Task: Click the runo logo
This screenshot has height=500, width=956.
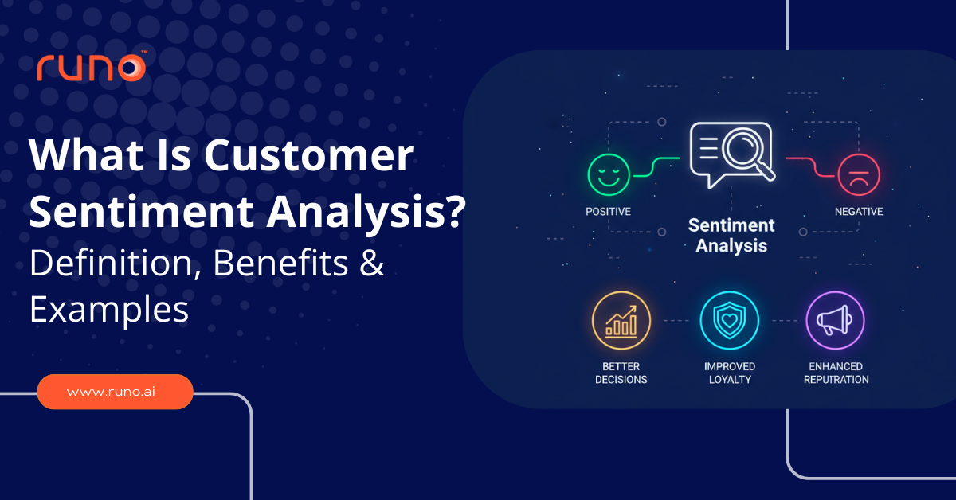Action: click(x=91, y=67)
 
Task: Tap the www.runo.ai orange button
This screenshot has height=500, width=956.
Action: click(x=115, y=392)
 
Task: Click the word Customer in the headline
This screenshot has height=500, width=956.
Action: click(x=308, y=157)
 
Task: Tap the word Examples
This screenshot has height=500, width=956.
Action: click(x=109, y=311)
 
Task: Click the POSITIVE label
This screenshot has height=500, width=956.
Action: click(x=608, y=212)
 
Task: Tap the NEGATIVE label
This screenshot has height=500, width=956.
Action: click(x=858, y=212)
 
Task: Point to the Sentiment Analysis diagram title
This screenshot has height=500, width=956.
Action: click(x=731, y=235)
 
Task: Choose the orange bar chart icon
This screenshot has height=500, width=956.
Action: click(x=621, y=321)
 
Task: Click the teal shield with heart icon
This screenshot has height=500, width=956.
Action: click(x=729, y=321)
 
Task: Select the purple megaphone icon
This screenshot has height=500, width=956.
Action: click(x=835, y=321)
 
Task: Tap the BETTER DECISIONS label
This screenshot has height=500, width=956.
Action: click(x=621, y=373)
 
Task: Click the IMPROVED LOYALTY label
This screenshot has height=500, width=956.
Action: click(x=729, y=373)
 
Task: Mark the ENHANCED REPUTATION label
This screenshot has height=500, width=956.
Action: click(x=836, y=373)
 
